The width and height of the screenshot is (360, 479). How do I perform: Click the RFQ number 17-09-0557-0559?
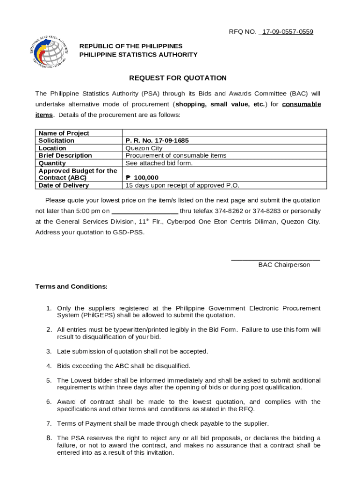pyautogui.click(x=286, y=32)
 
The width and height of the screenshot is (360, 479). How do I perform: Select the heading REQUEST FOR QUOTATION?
pyautogui.click(x=178, y=78)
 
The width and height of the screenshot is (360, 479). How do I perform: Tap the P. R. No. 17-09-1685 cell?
pyautogui.click(x=157, y=140)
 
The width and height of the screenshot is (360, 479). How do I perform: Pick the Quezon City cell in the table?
pyautogui.click(x=144, y=148)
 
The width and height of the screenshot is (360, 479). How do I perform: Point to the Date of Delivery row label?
pyautogui.click(x=64, y=185)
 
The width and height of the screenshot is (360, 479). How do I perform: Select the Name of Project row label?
pyautogui.click(x=64, y=133)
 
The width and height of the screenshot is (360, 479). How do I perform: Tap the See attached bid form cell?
pyautogui.click(x=159, y=163)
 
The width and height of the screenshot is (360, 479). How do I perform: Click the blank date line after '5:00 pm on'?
pyautogui.click(x=144, y=211)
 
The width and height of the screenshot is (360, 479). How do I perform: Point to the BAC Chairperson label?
pyautogui.click(x=284, y=265)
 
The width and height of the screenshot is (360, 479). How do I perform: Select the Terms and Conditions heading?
pyautogui.click(x=72, y=286)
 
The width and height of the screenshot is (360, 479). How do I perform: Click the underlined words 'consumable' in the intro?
pyautogui.click(x=302, y=104)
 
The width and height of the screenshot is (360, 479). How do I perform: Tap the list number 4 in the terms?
pyautogui.click(x=49, y=366)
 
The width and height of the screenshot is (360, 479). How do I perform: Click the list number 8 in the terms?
pyautogui.click(x=49, y=438)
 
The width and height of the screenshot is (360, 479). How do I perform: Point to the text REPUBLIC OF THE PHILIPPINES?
pyautogui.click(x=131, y=46)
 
